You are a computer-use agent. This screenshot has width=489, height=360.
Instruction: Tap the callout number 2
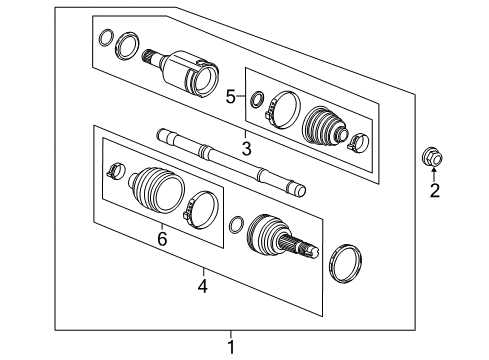435,190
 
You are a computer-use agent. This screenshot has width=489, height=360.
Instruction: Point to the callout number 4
203,286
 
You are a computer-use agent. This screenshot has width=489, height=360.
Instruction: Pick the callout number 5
230,97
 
